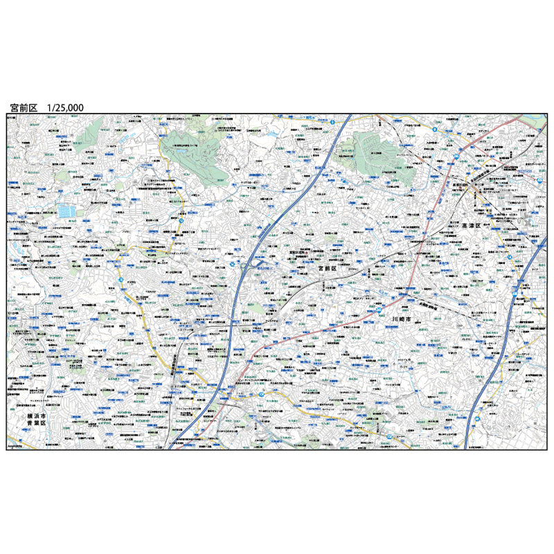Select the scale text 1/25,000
click(65, 108)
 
